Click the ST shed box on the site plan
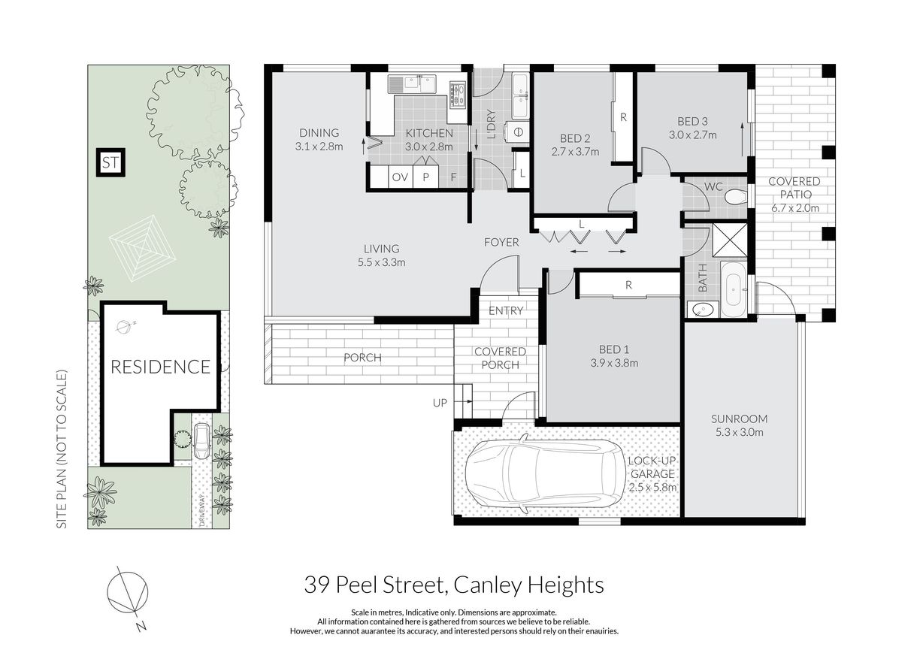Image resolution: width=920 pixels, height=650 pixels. [110, 162]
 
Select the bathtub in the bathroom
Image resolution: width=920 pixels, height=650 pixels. [733, 289]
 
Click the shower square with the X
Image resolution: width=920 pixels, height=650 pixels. [729, 240]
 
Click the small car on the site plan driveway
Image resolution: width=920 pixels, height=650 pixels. [201, 440]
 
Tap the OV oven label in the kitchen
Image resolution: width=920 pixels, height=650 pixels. [400, 177]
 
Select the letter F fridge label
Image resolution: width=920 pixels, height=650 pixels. [453, 177]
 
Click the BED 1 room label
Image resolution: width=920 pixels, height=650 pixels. [614, 349]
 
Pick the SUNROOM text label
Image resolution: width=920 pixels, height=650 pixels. [739, 419]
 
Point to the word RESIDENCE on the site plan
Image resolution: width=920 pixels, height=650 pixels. [160, 367]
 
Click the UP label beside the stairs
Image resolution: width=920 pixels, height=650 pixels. [440, 403]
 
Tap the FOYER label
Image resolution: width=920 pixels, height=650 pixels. [501, 242]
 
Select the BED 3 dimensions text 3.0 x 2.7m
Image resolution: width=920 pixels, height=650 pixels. [692, 135]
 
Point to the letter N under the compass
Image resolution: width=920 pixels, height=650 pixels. [141, 626]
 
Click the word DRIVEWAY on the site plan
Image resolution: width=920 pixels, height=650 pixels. [202, 510]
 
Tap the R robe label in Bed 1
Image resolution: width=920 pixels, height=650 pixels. [628, 285]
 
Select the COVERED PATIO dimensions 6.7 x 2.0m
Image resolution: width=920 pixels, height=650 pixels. [794, 207]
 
